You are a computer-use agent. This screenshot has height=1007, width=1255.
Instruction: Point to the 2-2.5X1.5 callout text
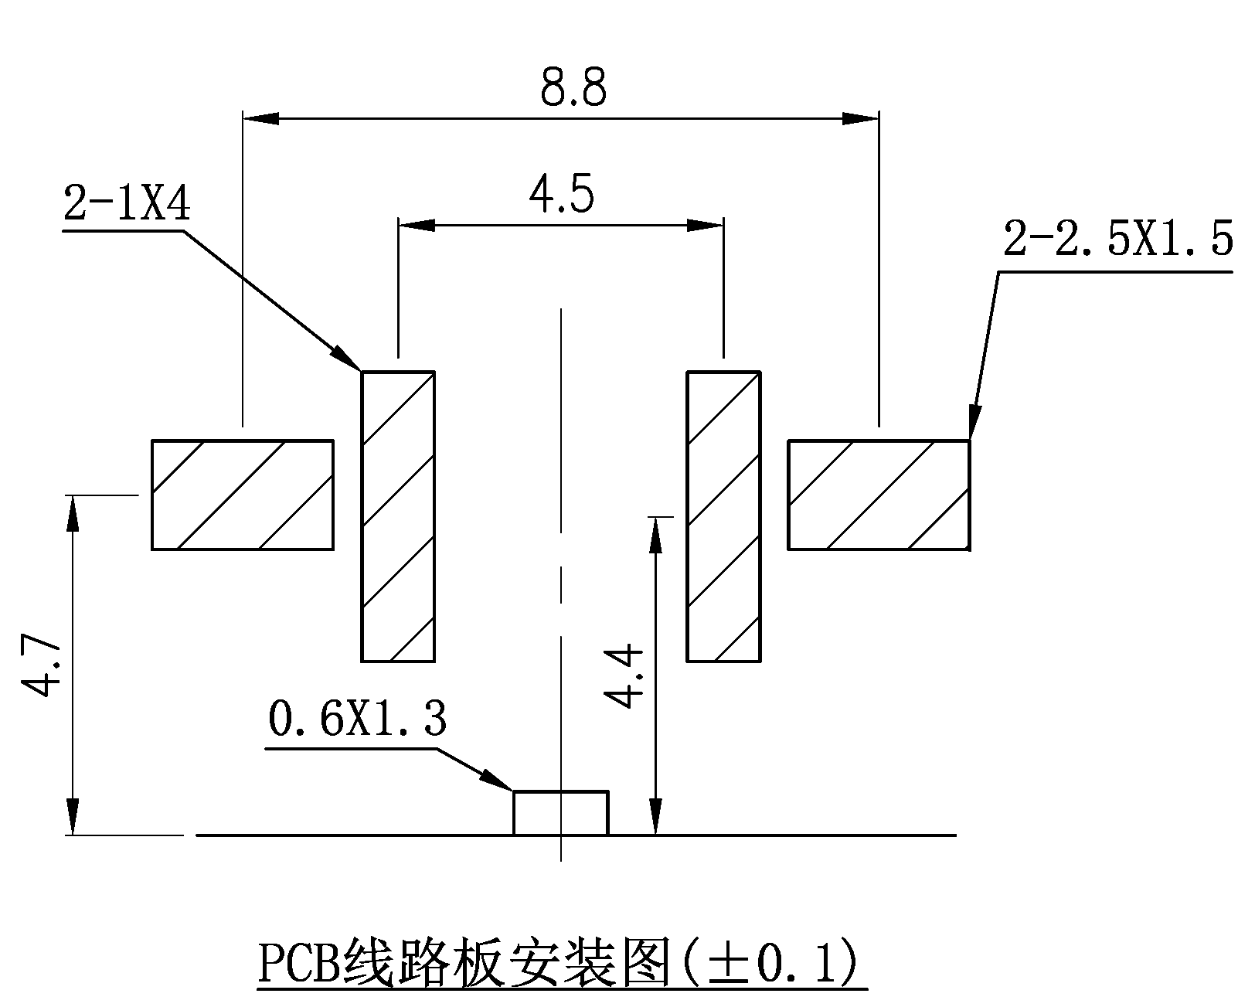click(x=1117, y=239)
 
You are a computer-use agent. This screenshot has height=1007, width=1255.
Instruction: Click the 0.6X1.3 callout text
click(x=357, y=720)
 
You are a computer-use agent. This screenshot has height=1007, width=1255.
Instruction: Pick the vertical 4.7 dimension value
click(x=37, y=666)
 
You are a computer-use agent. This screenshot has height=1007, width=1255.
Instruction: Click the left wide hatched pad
click(x=243, y=495)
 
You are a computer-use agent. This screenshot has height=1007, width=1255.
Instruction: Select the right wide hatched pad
click(x=879, y=495)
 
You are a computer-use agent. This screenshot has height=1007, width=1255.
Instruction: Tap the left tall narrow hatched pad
click(x=398, y=516)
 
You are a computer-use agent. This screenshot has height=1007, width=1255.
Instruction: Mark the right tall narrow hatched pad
click(x=724, y=516)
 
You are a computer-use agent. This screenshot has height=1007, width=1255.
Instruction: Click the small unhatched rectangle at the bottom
click(x=561, y=813)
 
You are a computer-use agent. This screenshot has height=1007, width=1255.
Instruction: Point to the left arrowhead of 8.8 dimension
click(x=261, y=118)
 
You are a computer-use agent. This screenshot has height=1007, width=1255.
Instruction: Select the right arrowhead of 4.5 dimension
click(x=706, y=225)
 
